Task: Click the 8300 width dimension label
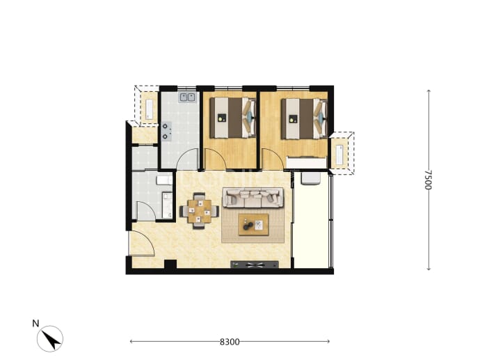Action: (230, 342)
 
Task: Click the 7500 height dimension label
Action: (429, 180)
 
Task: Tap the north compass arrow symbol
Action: (50, 339)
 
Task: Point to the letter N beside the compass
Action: (35, 324)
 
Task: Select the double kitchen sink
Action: (188, 97)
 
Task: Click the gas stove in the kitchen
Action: (166, 131)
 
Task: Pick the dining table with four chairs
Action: (199, 211)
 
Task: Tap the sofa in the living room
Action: (253, 198)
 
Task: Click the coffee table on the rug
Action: (253, 225)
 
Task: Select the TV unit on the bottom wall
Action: (255, 265)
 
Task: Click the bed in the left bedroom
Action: (232, 118)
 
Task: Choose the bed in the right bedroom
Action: (304, 118)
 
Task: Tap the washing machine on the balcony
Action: (310, 178)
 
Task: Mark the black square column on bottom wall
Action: (170, 265)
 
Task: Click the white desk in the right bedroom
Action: (306, 162)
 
